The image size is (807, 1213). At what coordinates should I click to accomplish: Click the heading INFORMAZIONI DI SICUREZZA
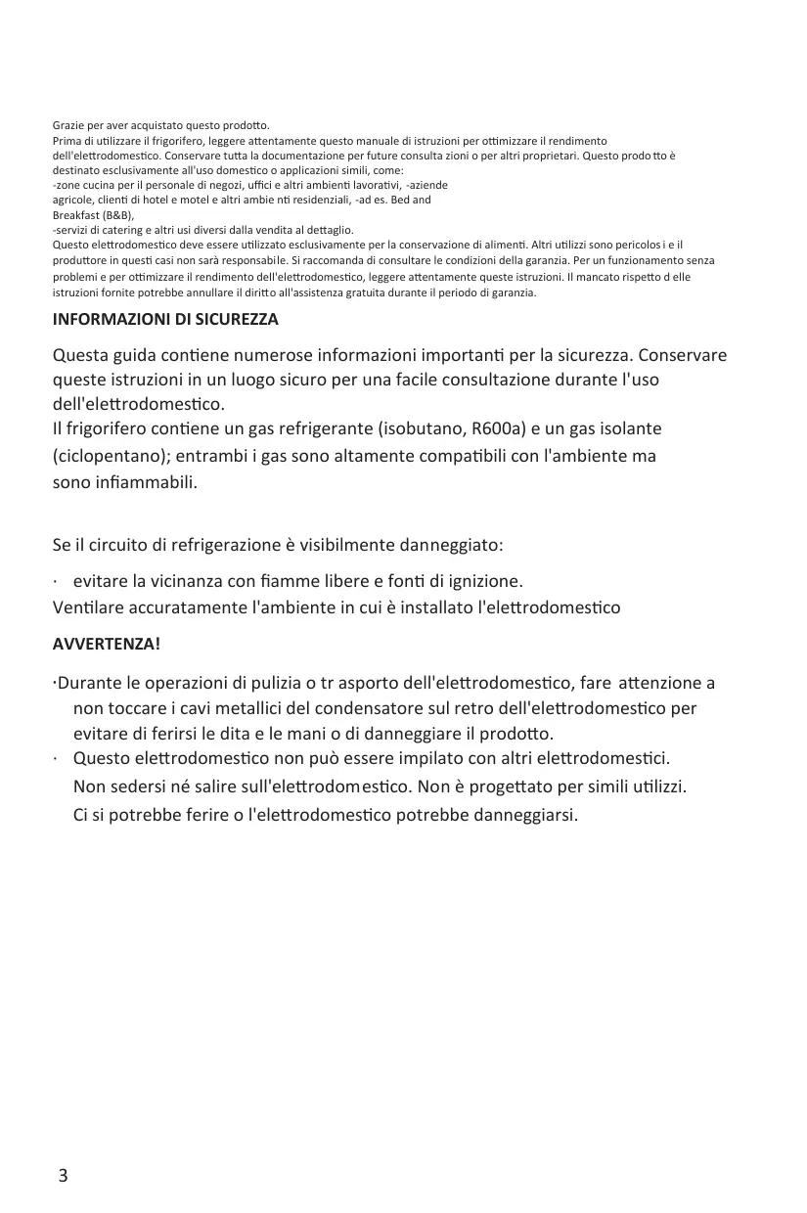(x=165, y=320)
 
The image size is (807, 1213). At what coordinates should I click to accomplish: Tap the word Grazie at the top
(x=67, y=126)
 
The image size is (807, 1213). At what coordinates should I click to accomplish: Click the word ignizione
(x=487, y=581)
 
